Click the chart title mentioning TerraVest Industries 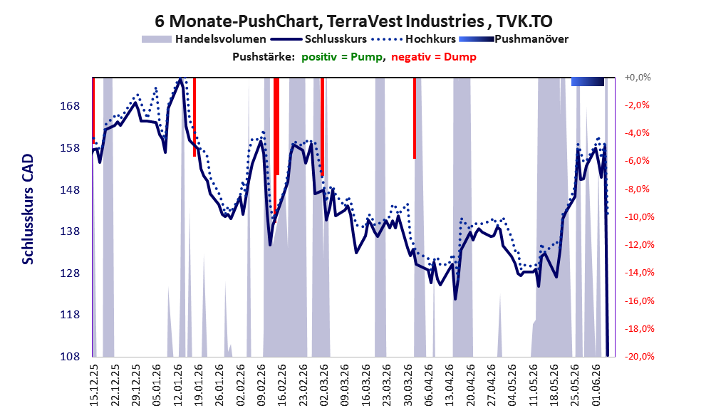353,21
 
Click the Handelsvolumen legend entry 204,39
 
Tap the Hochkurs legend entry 414,39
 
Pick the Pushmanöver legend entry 514,39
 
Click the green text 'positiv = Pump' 342,57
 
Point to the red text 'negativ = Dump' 434,57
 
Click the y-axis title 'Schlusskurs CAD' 28,209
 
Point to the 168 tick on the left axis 70,106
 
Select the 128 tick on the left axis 70,273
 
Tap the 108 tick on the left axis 70,356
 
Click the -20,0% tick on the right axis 639,357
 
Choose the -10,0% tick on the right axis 639,217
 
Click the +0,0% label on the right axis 638,78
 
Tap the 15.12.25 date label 94,386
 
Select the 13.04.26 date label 450,386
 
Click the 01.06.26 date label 596,386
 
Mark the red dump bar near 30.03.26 414,118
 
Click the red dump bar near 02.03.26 323,127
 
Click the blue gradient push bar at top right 588,81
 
